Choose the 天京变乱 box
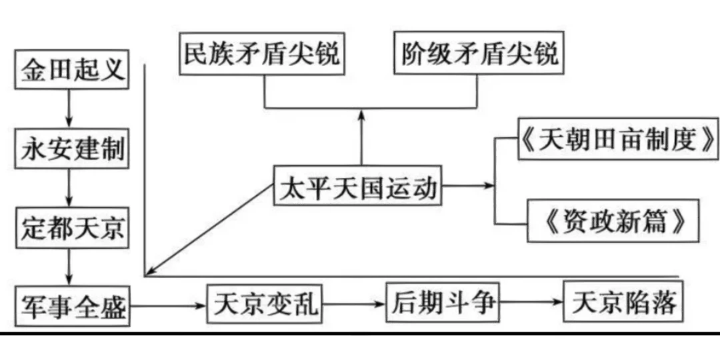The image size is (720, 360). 265,305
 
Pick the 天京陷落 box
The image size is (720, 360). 624,303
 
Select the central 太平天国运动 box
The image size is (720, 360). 358,189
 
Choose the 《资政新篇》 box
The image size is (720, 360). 613,221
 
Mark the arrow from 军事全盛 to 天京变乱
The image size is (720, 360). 167,306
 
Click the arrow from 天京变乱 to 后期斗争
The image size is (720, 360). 353,305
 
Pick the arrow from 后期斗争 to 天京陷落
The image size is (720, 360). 531,303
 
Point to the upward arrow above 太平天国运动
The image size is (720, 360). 361,137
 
